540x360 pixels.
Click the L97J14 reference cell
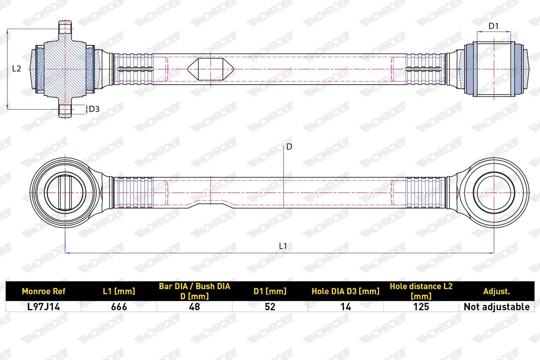tap(44, 307)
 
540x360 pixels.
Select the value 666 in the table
tap(119, 307)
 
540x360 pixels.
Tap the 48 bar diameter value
tap(194, 307)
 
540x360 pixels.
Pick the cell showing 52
tap(270, 307)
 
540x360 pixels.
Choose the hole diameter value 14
tap(346, 307)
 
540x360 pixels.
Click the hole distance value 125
tap(421, 307)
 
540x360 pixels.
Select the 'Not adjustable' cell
tap(496, 307)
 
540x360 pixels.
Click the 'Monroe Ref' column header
tap(44, 291)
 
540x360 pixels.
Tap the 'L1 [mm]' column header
tap(119, 291)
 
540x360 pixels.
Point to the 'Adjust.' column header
tap(496, 291)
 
